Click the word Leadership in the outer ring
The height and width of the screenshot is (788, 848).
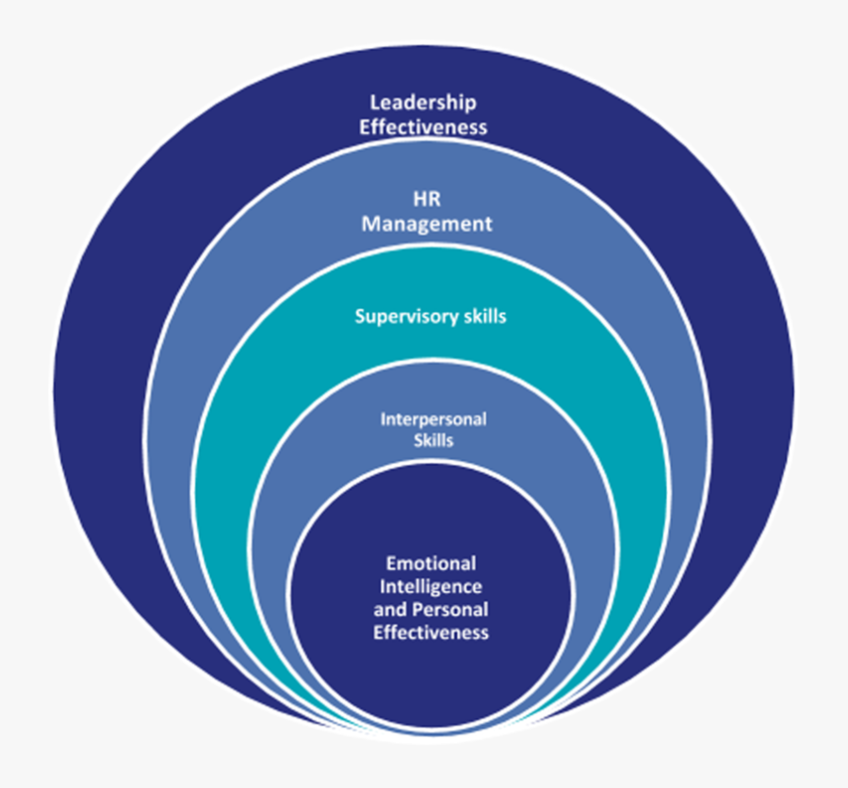[x=423, y=102]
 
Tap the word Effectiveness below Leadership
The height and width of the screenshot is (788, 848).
[x=423, y=125]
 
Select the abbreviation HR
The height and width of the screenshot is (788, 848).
[x=427, y=200]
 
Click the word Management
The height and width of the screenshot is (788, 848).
[x=427, y=224]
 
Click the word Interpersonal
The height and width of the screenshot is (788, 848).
[x=433, y=419]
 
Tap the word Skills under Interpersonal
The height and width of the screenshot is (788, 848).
[x=433, y=439]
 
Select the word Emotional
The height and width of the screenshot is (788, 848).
[x=431, y=564]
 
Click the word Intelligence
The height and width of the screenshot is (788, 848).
[x=431, y=586]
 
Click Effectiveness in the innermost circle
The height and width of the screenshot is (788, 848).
[x=431, y=632]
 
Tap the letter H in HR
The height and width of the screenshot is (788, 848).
[x=418, y=200]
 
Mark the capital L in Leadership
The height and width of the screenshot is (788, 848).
[x=375, y=102]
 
